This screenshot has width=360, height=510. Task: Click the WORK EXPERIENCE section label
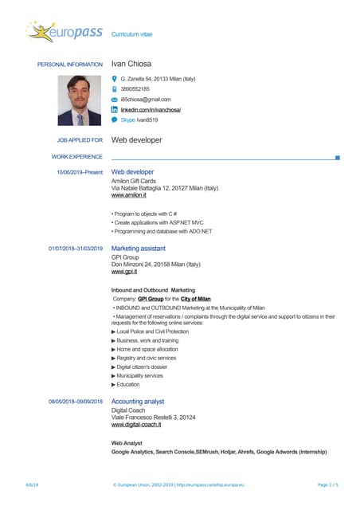tap(77, 157)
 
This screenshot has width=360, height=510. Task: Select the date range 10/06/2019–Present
tap(79, 172)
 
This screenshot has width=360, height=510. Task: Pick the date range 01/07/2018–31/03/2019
tap(76, 249)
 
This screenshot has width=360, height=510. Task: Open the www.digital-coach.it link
tap(136, 425)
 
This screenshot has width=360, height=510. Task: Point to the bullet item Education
tap(128, 384)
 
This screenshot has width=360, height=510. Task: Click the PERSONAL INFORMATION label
tap(70, 64)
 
